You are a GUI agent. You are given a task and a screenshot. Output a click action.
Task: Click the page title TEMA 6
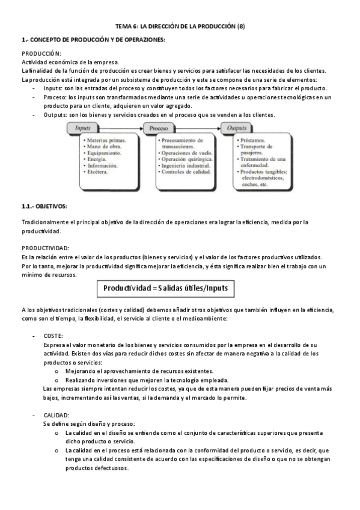(x=180, y=26)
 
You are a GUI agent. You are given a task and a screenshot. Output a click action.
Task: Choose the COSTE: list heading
(x=53, y=336)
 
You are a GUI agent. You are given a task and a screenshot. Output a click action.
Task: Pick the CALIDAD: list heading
(x=56, y=415)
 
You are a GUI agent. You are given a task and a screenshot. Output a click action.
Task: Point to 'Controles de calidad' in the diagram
(x=185, y=172)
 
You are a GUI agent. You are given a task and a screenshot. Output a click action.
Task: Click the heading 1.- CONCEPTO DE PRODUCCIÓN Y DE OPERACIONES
(x=93, y=40)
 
